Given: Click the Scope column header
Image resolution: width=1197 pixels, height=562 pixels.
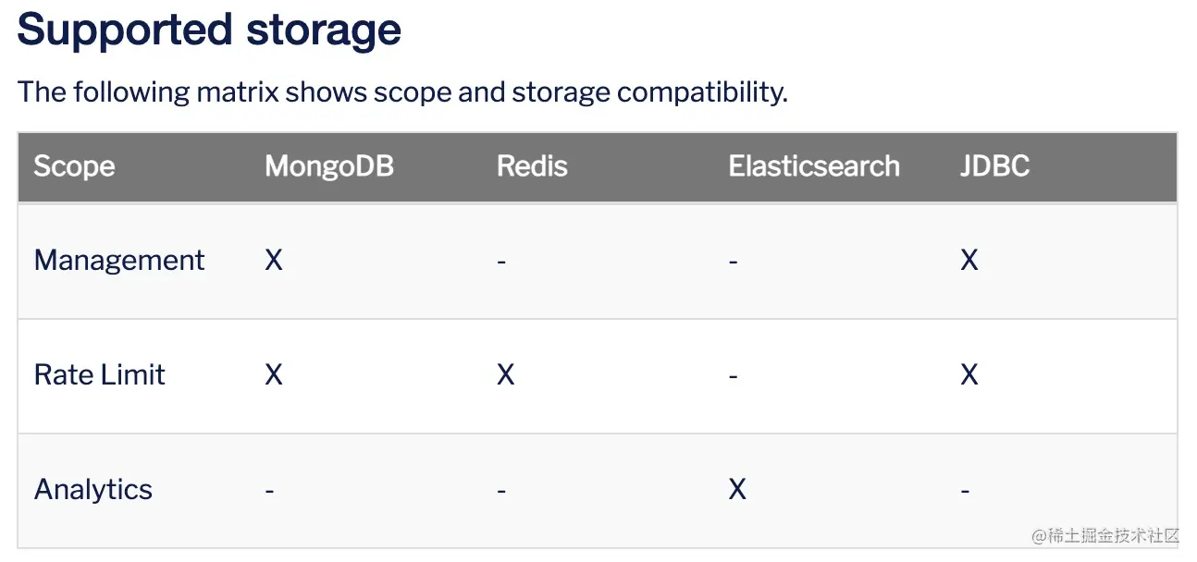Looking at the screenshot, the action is click(x=74, y=166).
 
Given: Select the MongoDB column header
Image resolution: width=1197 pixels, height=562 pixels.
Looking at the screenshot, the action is click(x=329, y=165).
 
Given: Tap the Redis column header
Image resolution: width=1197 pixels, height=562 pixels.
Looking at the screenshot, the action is click(x=532, y=165).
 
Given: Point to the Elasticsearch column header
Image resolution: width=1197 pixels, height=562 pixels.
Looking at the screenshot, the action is click(x=814, y=165).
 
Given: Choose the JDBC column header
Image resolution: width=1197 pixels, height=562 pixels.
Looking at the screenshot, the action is click(x=995, y=165).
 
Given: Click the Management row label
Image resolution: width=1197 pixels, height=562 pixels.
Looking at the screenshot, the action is click(x=119, y=261).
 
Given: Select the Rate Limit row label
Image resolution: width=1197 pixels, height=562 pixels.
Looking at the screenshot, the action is click(x=99, y=374).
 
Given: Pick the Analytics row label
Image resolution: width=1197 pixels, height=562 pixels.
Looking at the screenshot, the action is click(x=93, y=489).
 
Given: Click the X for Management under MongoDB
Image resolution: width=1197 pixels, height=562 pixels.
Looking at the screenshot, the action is click(x=274, y=260).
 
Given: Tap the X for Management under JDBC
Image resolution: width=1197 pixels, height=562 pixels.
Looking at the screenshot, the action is click(x=969, y=260).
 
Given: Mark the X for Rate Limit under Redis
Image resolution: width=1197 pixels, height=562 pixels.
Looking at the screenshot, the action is click(x=505, y=374).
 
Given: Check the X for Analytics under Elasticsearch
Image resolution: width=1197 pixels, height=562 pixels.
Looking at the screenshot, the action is click(x=737, y=489).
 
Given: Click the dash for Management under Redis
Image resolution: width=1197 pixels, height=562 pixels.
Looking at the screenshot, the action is click(x=501, y=262).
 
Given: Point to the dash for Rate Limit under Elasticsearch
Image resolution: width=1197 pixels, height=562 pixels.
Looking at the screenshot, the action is click(x=734, y=376).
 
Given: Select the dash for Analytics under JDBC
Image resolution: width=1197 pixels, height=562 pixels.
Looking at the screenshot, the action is click(x=965, y=491).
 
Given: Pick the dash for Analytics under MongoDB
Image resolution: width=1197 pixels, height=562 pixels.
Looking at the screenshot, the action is click(x=269, y=491).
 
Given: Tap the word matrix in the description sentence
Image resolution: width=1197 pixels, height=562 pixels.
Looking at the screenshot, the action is click(x=237, y=92).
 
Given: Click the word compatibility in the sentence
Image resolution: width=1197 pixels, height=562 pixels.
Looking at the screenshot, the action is click(x=702, y=92).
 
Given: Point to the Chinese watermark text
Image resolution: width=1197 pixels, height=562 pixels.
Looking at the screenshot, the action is click(x=1105, y=535).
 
